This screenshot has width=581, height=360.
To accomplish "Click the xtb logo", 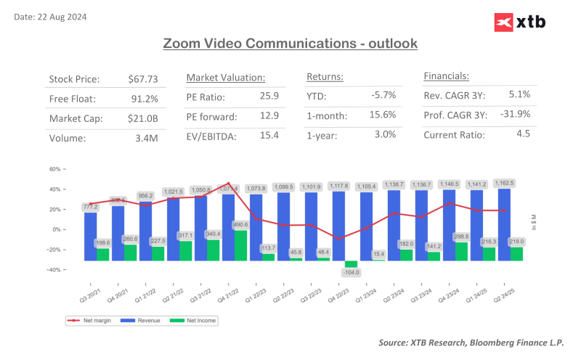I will pyautogui.click(x=519, y=23).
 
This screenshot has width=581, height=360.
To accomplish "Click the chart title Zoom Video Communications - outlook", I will pyautogui.click(x=290, y=44).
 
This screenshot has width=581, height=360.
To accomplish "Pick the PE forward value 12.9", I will pyautogui.click(x=268, y=115).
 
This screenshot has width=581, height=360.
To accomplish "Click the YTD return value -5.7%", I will pyautogui.click(x=383, y=95).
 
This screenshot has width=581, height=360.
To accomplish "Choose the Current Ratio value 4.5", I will pyautogui.click(x=523, y=134).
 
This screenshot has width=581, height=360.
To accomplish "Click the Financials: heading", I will pyautogui.click(x=446, y=75).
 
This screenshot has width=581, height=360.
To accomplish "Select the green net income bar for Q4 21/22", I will pyautogui.click(x=240, y=245).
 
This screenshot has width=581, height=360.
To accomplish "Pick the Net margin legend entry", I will pyautogui.click(x=85, y=320).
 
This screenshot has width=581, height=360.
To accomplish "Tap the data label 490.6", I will pyautogui.click(x=240, y=226).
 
